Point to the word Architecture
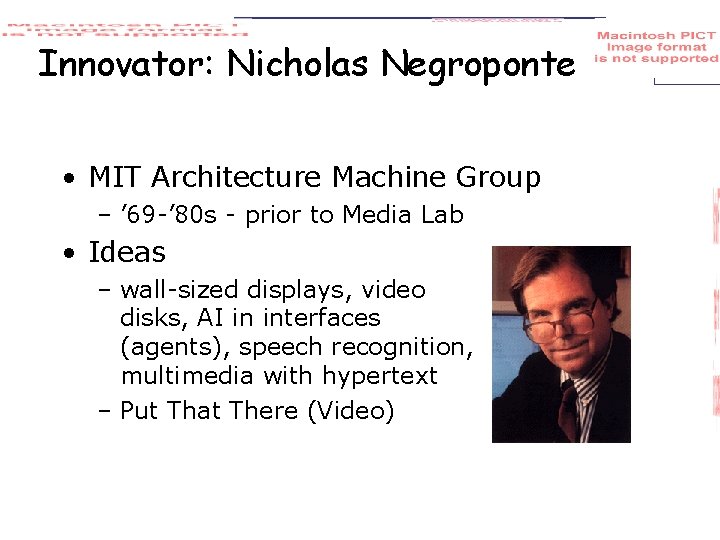tap(237, 178)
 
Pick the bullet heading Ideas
tap(127, 252)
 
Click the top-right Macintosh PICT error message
tap(657, 47)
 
